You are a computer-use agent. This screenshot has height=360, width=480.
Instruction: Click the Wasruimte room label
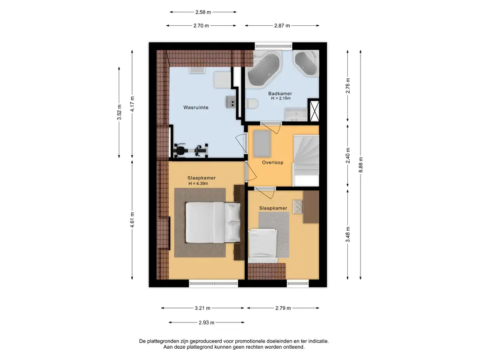(x=196, y=107)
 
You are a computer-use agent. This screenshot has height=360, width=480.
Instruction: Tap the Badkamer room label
(x=280, y=94)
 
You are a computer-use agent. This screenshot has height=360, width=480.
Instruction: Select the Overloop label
(x=272, y=163)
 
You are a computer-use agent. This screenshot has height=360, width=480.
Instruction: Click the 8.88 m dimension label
(x=360, y=165)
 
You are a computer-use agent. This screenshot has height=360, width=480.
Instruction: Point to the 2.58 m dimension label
(x=203, y=12)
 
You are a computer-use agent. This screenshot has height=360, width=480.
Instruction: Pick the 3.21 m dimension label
(x=202, y=308)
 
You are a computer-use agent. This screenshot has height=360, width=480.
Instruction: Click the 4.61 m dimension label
(x=132, y=220)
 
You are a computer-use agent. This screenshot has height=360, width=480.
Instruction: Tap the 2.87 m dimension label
(x=282, y=26)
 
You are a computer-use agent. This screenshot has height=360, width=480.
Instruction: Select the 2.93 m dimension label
(x=206, y=322)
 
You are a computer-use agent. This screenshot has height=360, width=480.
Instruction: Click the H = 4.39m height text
(x=198, y=184)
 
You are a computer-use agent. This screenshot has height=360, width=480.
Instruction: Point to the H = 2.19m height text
(x=281, y=98)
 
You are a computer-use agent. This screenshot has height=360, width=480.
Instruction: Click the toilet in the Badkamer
(x=251, y=104)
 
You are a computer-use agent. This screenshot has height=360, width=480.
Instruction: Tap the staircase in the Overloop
(x=306, y=160)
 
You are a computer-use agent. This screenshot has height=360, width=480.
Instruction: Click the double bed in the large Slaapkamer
(x=213, y=222)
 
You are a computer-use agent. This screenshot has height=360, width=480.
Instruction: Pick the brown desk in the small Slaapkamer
(x=311, y=207)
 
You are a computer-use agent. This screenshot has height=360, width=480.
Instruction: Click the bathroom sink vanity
(x=296, y=114)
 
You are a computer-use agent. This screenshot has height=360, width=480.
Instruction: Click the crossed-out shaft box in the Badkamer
(x=314, y=111)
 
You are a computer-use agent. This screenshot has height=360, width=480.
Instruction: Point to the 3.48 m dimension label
(x=348, y=234)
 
